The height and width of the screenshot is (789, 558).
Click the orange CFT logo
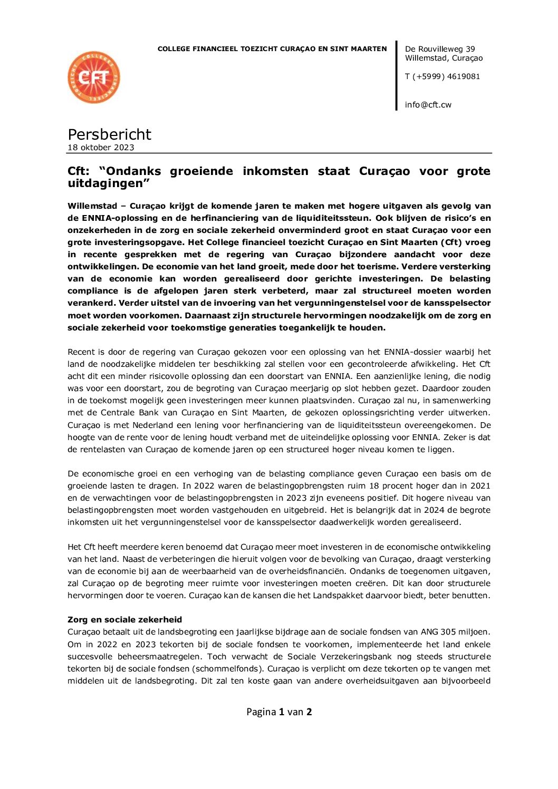coord(94,77)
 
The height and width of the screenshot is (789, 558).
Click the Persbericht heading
coord(109,134)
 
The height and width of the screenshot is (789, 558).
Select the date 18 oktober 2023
coord(101,148)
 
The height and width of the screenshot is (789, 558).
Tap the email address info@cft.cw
coord(428,105)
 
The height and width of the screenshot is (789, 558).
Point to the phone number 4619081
coord(463,76)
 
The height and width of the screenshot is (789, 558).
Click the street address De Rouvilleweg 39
coord(440,49)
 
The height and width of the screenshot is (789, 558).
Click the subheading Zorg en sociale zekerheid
coord(124,620)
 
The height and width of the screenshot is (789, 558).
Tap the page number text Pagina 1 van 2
coord(279,712)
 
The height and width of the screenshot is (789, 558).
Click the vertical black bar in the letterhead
coord(397,76)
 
